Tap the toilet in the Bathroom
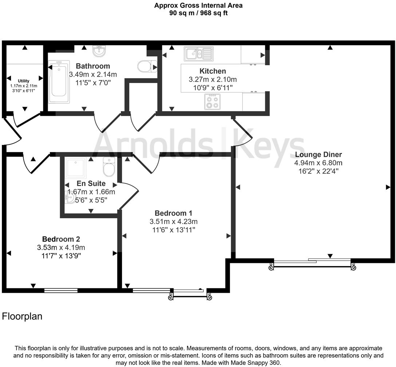pos(144,67)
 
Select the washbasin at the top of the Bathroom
pos(98,52)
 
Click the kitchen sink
pos(198,54)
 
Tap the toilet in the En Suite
pos(109,167)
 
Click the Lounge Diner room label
pos(318,154)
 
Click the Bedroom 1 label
pos(173,213)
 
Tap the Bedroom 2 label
pos(61,239)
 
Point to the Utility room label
pos(24,81)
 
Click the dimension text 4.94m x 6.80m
pos(318,163)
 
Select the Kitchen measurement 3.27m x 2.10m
pos(213,79)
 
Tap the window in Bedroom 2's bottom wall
pos(61,290)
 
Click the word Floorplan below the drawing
pos(22,316)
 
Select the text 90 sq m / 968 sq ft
pos(198,13)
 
